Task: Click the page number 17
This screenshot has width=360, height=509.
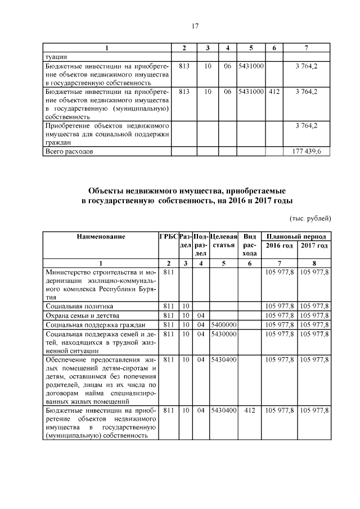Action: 180,26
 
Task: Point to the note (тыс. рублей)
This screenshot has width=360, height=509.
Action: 310,218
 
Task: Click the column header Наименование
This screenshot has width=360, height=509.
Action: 101,237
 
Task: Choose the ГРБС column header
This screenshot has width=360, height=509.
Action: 168,237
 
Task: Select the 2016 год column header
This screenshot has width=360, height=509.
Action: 279,246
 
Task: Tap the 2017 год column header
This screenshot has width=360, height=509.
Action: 314,246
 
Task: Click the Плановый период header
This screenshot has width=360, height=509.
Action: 296,237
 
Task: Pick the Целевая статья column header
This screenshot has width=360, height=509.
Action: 223,241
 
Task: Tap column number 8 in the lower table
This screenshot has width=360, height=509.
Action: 314,263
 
